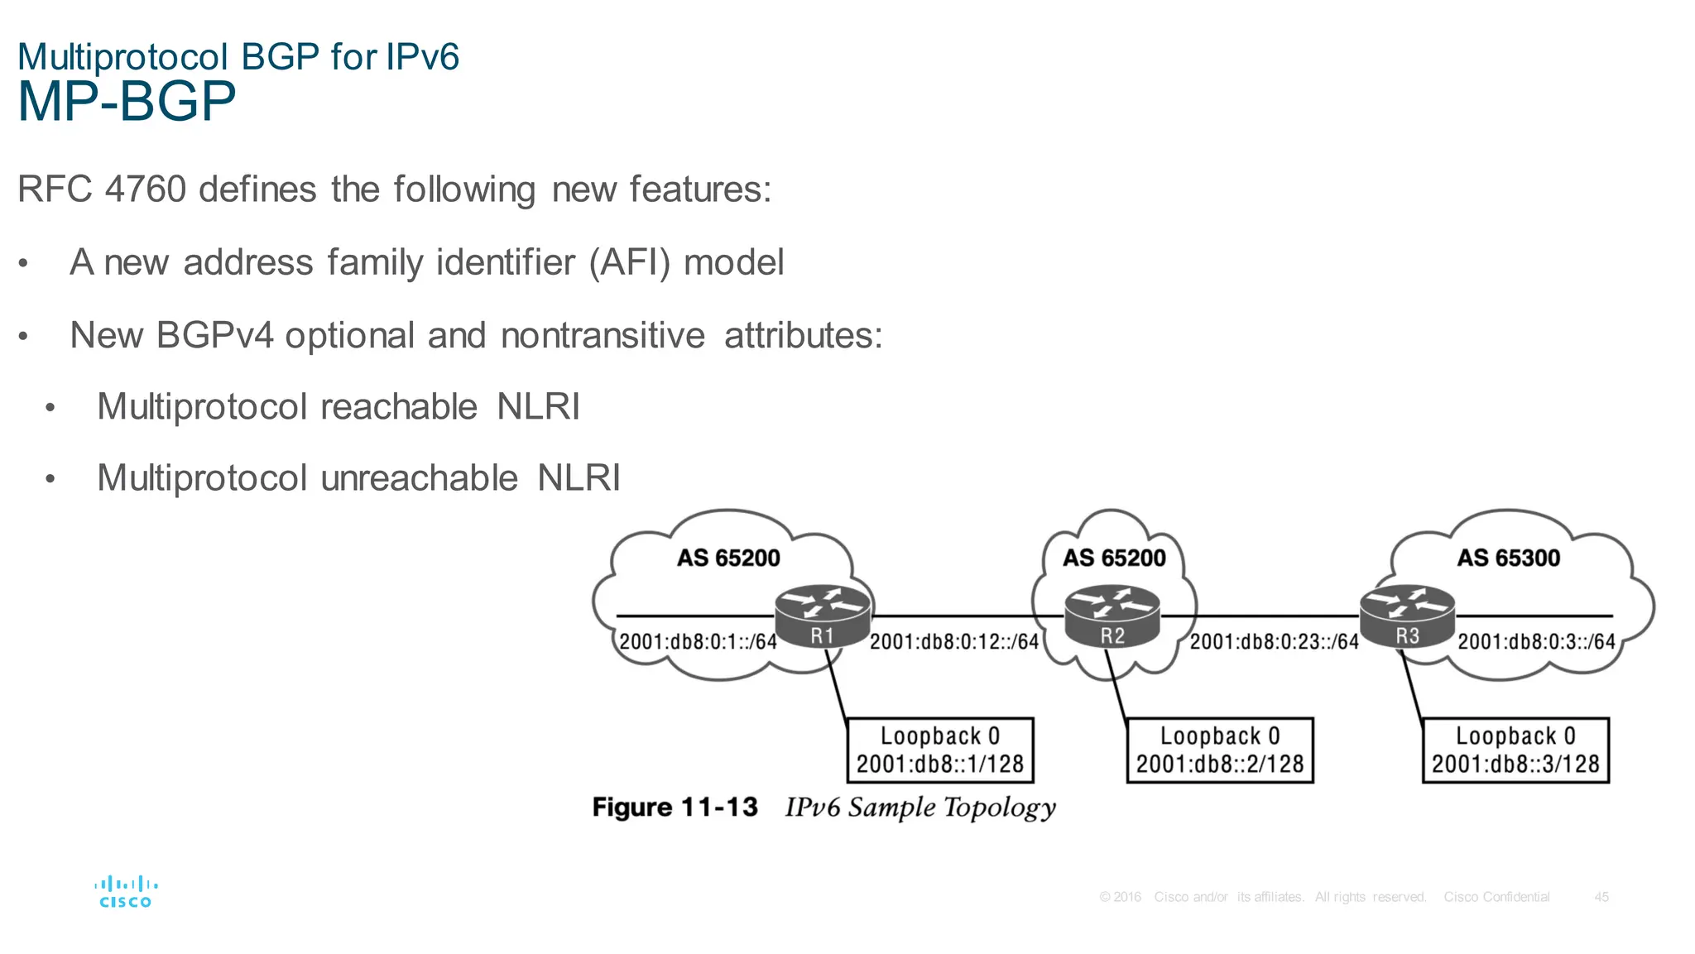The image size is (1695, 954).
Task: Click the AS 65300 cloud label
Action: click(x=1509, y=558)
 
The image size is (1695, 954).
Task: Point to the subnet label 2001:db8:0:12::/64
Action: click(x=954, y=641)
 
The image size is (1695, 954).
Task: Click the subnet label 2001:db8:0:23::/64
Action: click(x=1275, y=641)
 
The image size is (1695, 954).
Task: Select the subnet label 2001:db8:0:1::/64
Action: click(x=699, y=641)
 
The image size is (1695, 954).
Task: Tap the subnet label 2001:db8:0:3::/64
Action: click(x=1536, y=641)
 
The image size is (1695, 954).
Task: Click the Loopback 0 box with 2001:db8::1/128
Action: click(x=940, y=750)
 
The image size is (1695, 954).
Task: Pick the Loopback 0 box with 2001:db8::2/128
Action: click(x=1220, y=750)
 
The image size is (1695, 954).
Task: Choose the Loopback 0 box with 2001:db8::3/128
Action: click(x=1515, y=750)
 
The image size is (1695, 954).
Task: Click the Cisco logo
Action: click(x=126, y=892)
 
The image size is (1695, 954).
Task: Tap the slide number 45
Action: click(x=1601, y=897)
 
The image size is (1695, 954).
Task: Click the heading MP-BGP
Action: click(x=127, y=103)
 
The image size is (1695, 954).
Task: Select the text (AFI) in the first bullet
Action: click(x=629, y=263)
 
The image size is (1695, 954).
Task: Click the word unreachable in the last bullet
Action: click(x=419, y=478)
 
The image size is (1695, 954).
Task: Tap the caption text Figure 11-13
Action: click(x=675, y=807)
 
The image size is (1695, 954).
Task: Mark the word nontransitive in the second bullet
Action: click(x=603, y=336)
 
